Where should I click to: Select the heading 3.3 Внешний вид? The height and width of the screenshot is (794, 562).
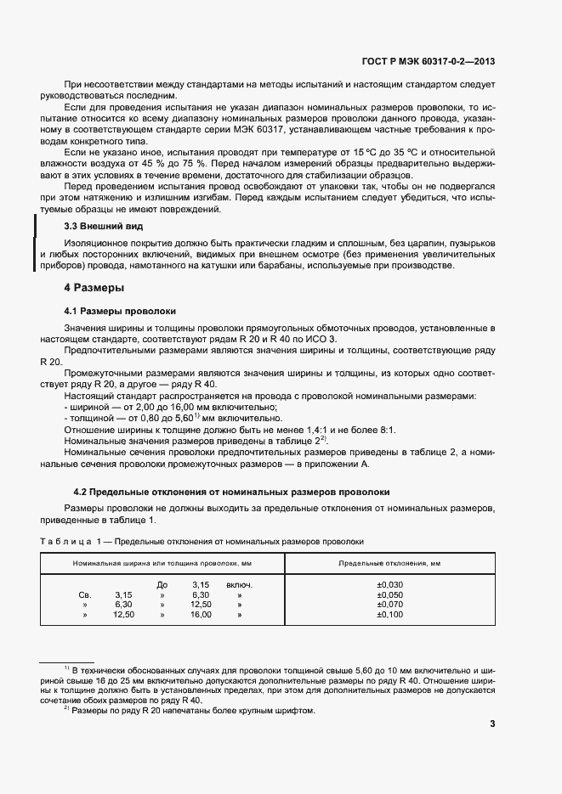click(104, 227)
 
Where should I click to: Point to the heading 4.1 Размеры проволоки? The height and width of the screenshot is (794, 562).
click(120, 311)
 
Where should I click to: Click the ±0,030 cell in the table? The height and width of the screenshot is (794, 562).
click(389, 584)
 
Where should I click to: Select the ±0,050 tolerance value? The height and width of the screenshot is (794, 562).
click(389, 595)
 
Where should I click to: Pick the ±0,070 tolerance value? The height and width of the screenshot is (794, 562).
click(389, 605)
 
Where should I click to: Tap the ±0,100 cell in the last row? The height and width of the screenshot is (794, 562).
click(389, 614)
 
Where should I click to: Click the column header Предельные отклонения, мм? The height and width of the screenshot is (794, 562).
click(389, 563)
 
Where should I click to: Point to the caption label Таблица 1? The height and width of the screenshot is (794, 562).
click(71, 541)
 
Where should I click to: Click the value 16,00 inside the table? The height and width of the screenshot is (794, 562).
click(201, 614)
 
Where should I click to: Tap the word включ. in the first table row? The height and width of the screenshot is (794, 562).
click(240, 584)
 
